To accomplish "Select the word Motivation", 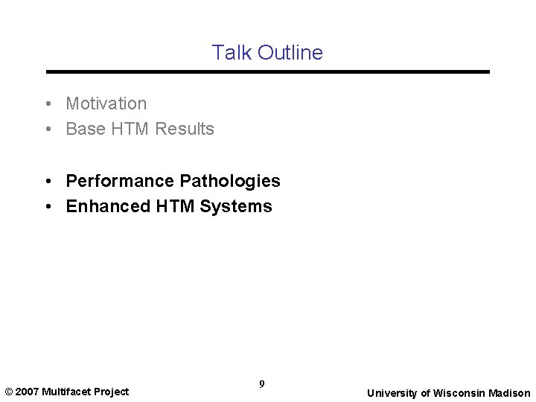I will point(106,103).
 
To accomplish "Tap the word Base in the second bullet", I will point(86,129).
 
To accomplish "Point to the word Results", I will point(185,129).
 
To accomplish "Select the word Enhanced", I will point(109,206).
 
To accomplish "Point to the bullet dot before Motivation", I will point(47,103).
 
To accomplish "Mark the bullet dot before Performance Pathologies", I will point(47,181).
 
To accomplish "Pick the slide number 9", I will point(262,384).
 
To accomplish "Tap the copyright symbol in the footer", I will point(8,392).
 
